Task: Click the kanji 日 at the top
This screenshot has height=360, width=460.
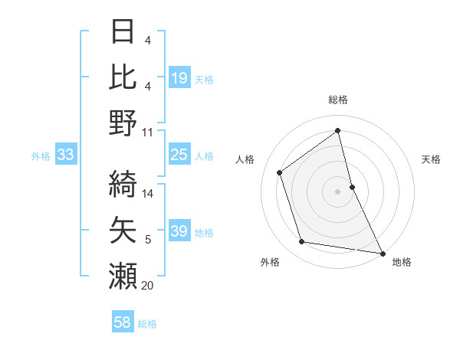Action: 123,32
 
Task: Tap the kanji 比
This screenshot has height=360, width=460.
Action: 123,77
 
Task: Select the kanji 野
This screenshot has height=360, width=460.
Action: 123,123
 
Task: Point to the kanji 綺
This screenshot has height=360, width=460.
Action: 123,182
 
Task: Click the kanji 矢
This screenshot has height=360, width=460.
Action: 123,228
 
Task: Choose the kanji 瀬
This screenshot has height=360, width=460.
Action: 123,274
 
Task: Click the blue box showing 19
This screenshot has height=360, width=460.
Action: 179,77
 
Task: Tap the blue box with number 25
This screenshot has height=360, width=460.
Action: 179,155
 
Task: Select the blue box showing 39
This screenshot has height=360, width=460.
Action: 179,231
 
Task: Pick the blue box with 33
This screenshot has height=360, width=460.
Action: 65,155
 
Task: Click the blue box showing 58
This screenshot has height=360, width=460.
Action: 123,323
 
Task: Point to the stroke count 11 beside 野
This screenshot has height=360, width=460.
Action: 148,132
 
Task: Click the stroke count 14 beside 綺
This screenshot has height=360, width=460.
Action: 148,193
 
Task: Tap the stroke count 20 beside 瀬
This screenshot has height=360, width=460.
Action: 148,286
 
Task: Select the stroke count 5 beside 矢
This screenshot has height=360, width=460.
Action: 148,240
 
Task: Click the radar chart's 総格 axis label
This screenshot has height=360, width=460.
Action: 338,100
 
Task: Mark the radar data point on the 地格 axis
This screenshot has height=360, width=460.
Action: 381,252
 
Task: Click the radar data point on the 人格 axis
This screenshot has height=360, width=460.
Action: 280,172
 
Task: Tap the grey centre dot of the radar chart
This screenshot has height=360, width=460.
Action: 338,191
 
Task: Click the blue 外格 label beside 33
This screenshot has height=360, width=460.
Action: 41,156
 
